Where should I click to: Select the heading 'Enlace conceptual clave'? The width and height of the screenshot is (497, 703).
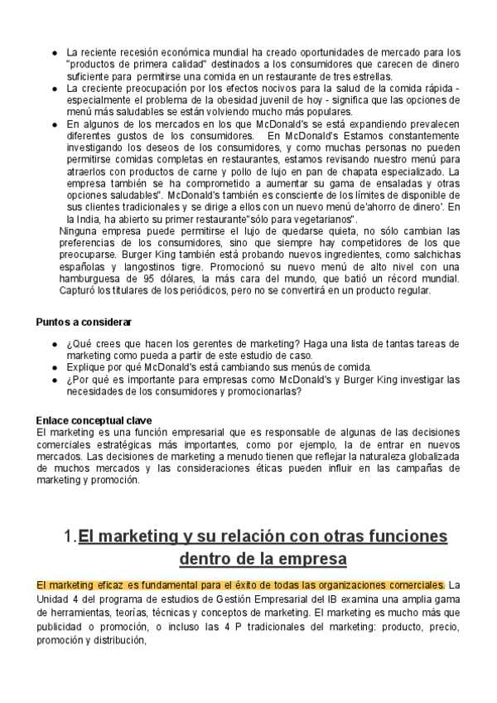pos(94,419)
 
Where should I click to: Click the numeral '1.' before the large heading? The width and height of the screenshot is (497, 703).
pos(70,536)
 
